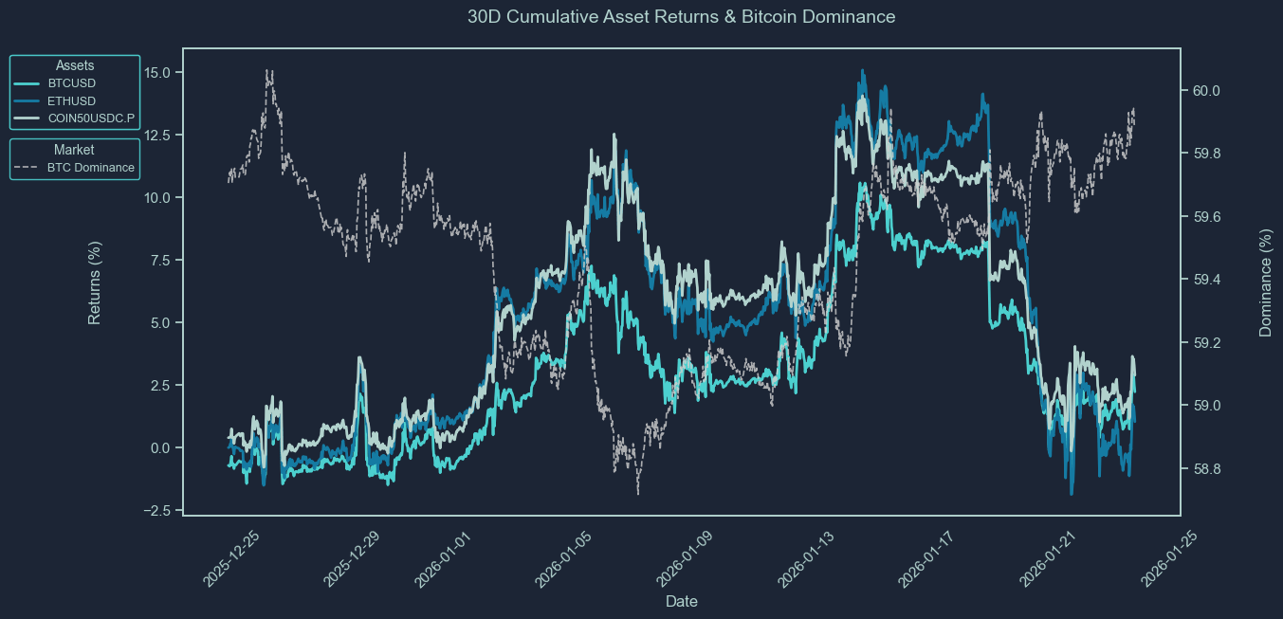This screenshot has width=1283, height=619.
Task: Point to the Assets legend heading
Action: (74, 65)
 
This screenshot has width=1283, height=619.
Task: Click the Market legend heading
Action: (74, 150)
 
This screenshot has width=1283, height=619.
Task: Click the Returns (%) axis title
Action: (95, 282)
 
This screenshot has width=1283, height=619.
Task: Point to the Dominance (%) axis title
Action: (1265, 282)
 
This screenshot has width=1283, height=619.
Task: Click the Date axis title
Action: (682, 601)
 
